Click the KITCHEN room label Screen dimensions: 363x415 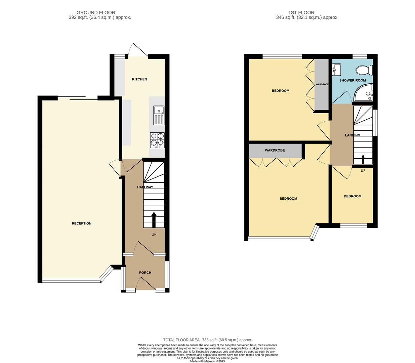139,79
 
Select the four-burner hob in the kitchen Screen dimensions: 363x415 157,140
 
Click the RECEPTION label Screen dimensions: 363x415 81,224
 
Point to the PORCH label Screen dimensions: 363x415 145,273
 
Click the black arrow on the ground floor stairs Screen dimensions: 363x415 154,220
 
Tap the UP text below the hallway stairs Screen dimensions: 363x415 154,234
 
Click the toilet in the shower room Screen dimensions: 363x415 365,70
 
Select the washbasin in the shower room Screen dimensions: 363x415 336,70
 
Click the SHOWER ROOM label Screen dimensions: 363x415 352,80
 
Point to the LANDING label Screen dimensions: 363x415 352,135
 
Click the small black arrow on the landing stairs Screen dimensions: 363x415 363,159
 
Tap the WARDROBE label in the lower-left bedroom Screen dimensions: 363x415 275,150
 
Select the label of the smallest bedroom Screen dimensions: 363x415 352,196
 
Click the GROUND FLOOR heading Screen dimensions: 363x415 96,12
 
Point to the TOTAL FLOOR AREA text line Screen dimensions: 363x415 207,340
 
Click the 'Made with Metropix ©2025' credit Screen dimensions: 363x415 207,361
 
